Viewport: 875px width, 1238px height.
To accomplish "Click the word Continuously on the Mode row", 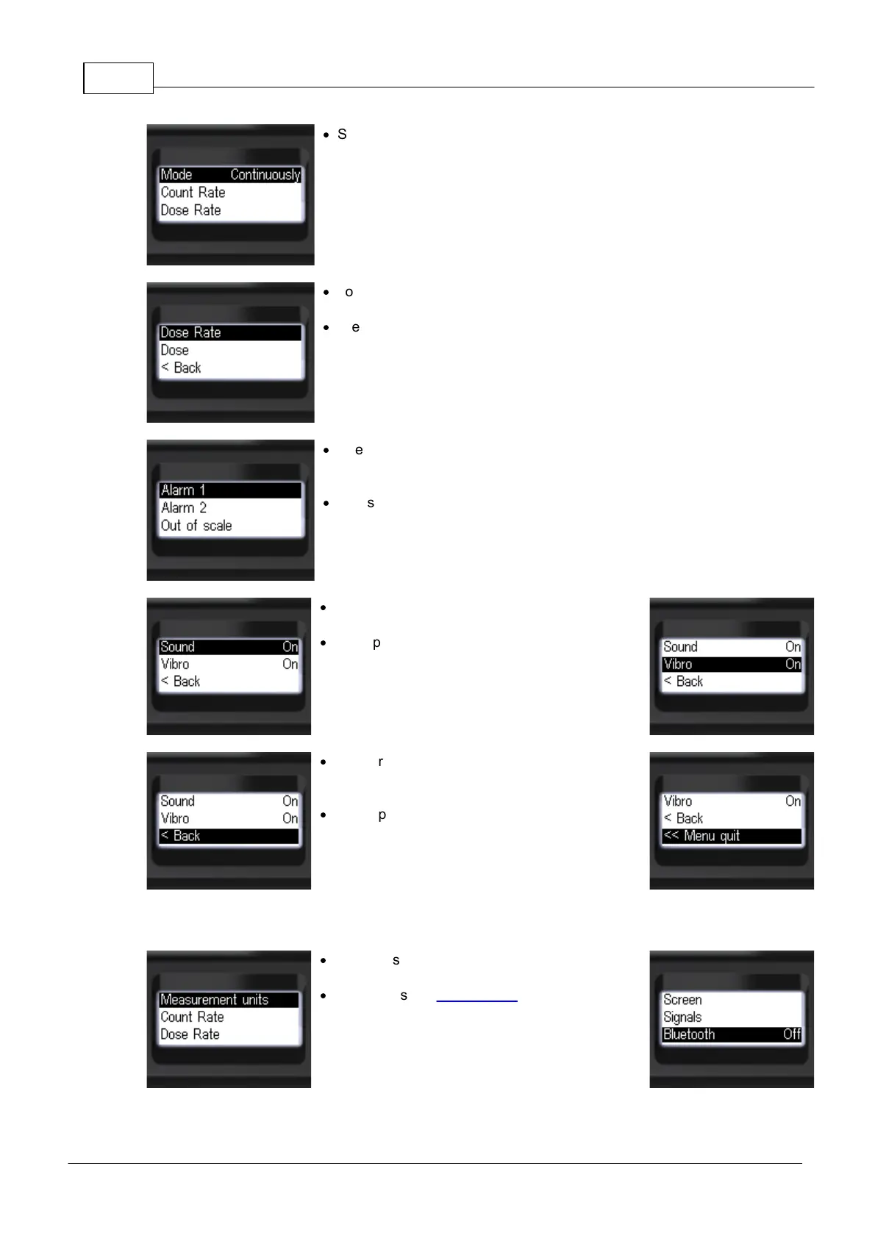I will [265, 175].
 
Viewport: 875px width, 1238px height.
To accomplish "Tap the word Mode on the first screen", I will [176, 175].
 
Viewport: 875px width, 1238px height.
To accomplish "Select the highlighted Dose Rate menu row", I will [229, 333].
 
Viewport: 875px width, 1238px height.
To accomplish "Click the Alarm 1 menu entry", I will [229, 490].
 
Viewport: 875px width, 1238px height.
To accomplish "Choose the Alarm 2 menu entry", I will [184, 508].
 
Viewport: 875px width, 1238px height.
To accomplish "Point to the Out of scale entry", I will [196, 526].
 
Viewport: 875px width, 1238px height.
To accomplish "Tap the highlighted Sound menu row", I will [229, 647].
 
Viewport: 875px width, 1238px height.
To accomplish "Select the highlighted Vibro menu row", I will [731, 665].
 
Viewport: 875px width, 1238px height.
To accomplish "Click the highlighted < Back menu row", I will [229, 836].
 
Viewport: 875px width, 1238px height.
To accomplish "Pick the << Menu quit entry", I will [731, 836].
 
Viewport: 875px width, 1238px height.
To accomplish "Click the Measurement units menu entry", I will [229, 1000].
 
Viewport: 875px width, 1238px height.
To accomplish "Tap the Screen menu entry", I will [682, 1000].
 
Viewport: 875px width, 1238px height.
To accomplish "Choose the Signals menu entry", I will [682, 1017].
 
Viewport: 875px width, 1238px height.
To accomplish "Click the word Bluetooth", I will [689, 1034].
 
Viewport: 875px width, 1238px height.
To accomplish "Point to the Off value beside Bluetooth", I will [792, 1034].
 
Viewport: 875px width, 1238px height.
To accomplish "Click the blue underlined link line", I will [476, 1001].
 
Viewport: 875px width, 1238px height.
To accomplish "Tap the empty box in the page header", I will [118, 79].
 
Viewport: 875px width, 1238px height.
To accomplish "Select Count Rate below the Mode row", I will [193, 193].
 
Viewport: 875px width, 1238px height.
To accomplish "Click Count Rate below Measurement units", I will [192, 1017].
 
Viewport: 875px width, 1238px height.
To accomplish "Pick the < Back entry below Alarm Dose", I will [181, 368].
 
